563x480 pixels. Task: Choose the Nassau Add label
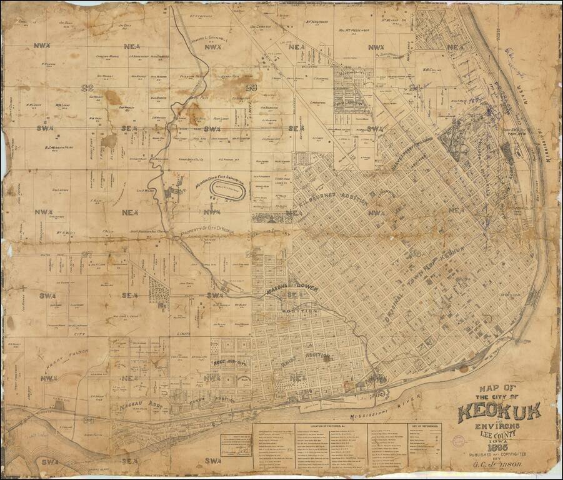[x=139, y=407]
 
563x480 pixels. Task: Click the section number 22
[x=82, y=87]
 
